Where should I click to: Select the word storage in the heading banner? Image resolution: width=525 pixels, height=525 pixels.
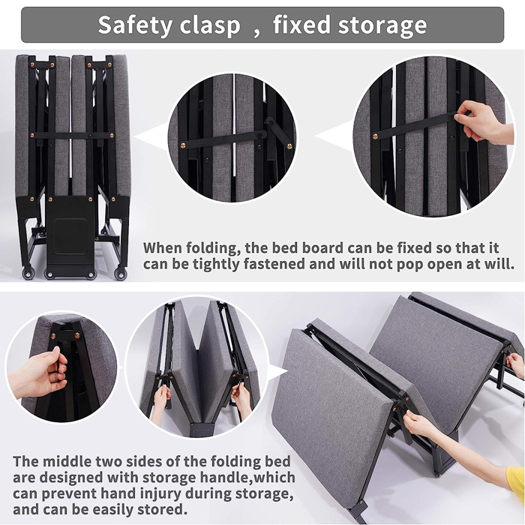click(x=381, y=25)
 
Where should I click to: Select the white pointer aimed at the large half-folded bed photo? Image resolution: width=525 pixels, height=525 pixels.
click(x=278, y=373)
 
